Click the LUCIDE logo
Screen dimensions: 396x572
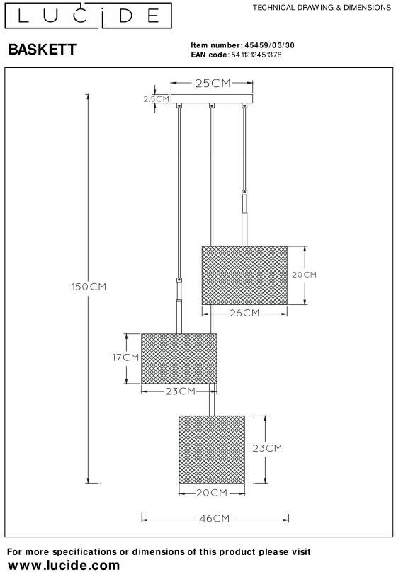[x=88, y=16]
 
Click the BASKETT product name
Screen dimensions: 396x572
[x=43, y=50]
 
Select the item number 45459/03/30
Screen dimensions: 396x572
[x=269, y=45]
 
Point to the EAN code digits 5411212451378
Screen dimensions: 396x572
[x=256, y=55]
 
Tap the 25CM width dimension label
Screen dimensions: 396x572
[x=213, y=83]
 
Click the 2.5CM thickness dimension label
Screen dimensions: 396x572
[x=156, y=99]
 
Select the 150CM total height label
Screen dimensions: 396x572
[x=89, y=287]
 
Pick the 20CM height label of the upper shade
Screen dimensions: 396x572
[x=304, y=275]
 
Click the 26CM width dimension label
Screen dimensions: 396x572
[x=244, y=313]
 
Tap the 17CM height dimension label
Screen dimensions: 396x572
[x=125, y=357]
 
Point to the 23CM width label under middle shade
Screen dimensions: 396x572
[x=181, y=391]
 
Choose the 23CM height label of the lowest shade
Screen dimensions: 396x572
[x=267, y=448]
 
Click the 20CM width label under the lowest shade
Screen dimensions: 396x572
[x=212, y=493]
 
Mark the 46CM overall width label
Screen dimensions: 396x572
[x=215, y=519]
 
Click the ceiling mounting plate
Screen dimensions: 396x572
[x=212, y=99]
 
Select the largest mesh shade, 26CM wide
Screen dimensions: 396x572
[x=244, y=275]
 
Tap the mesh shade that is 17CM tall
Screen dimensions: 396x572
[x=179, y=359]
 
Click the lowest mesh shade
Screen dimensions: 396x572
[x=212, y=450]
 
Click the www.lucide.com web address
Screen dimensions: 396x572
[x=64, y=565]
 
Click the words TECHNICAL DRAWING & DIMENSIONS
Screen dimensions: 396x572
[x=322, y=8]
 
